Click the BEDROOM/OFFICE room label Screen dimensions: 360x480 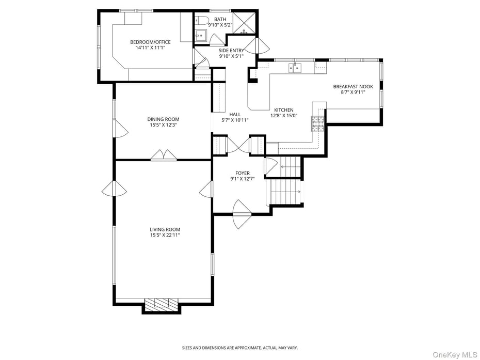click(x=150, y=42)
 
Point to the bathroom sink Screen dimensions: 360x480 click(x=200, y=36)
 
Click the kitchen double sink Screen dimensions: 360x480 click(x=295, y=68)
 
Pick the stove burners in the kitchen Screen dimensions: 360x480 click(x=317, y=124)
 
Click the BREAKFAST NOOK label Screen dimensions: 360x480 click(x=353, y=87)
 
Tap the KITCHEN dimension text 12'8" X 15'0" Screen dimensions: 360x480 click(x=284, y=116)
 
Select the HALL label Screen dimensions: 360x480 click(x=235, y=114)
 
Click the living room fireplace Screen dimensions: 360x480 click(x=161, y=305)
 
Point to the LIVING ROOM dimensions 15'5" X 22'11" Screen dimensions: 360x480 click(x=165, y=235)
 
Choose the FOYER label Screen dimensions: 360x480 click(x=243, y=174)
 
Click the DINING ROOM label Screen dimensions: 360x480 click(x=163, y=119)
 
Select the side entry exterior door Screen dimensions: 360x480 click(x=257, y=46)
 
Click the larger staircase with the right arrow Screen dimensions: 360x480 click(x=285, y=192)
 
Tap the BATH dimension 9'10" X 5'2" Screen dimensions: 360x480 click(x=220, y=25)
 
